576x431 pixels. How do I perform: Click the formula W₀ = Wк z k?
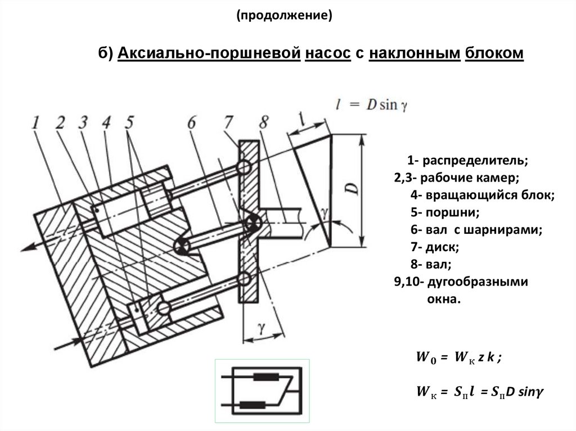pos(457,357)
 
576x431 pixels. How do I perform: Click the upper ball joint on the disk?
pos(244,167)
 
